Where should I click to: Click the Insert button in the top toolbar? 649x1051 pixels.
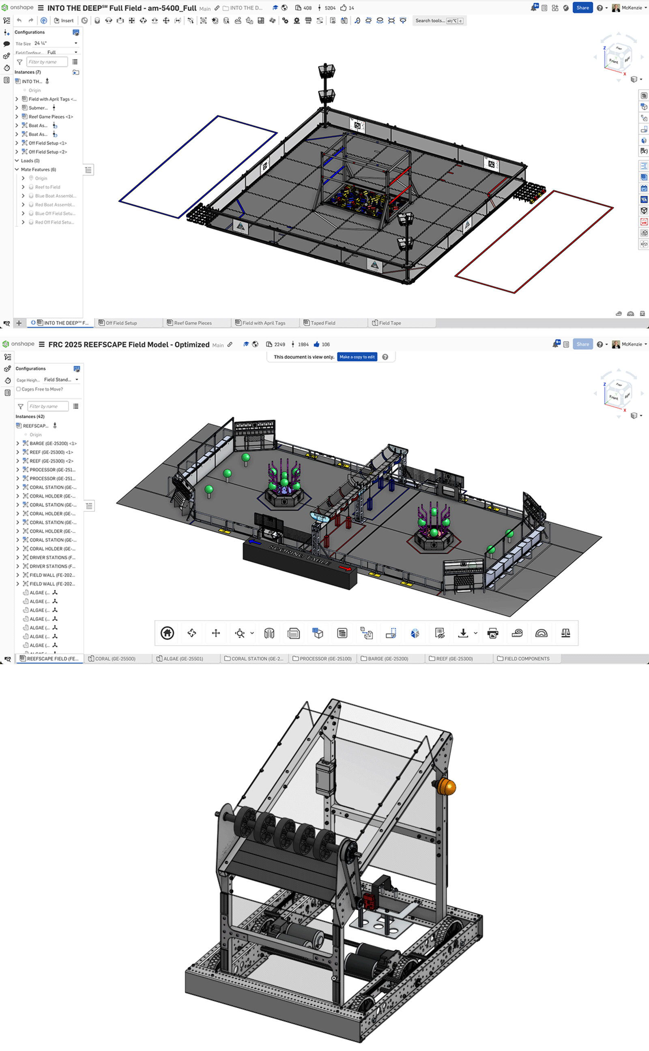click(64, 21)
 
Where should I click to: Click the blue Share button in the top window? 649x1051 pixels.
click(582, 8)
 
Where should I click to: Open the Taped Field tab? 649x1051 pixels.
click(323, 323)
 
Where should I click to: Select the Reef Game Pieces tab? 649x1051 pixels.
click(192, 323)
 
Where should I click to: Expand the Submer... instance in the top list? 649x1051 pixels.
click(17, 108)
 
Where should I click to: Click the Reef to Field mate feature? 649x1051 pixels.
click(47, 187)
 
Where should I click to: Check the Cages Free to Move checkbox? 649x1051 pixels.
click(19, 389)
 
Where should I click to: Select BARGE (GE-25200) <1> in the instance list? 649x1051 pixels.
click(53, 444)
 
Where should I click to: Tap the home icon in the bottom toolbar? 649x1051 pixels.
click(167, 633)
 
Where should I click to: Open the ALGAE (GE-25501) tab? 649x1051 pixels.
click(183, 658)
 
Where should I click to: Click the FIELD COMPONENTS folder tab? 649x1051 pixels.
click(526, 658)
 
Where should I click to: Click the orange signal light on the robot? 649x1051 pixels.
click(447, 787)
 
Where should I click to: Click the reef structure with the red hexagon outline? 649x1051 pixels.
click(434, 532)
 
